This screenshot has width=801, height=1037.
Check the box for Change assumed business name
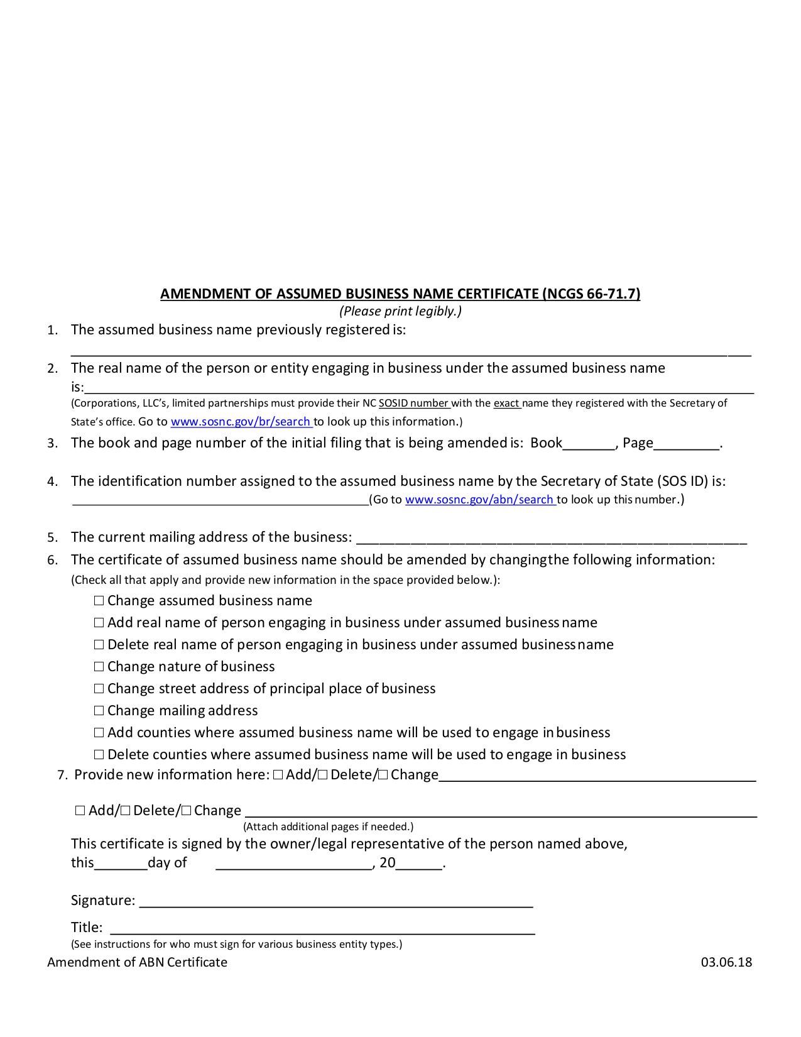[99, 601]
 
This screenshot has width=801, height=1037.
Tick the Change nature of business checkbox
[99, 667]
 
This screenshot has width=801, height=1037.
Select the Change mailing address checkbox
[99, 711]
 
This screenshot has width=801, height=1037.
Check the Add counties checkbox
[99, 733]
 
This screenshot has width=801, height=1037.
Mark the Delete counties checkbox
[99, 755]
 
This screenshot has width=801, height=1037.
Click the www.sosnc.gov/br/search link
[241, 422]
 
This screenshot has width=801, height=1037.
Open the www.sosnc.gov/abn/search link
[479, 500]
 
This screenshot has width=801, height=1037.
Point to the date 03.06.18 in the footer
[726, 962]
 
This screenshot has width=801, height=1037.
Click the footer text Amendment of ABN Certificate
[137, 962]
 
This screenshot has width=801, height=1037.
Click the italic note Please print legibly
[400, 311]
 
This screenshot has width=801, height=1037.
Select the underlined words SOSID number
[414, 403]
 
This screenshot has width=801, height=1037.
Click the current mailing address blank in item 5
[551, 538]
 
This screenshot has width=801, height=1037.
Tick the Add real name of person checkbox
[99, 623]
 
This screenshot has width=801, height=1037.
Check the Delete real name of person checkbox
[99, 645]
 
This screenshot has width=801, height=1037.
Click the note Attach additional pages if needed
[328, 826]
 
